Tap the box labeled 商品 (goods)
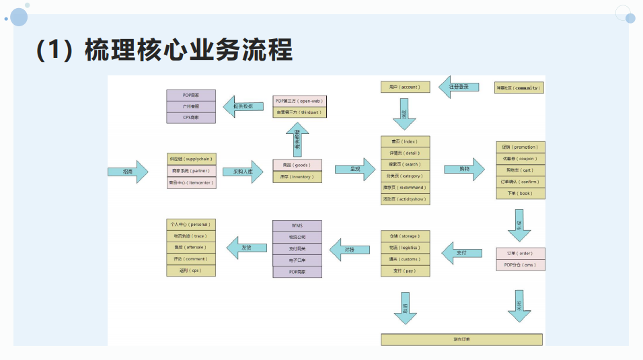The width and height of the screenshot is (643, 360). click(297, 165)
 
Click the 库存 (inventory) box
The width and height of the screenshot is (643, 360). click(297, 177)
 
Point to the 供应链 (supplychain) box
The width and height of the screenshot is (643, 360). click(192, 159)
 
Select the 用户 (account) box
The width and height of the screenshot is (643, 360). click(404, 87)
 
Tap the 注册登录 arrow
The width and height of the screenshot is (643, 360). click(459, 87)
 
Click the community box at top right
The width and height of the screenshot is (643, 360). click(519, 87)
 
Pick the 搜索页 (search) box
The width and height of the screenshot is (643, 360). click(404, 164)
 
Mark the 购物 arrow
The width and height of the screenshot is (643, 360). click(465, 170)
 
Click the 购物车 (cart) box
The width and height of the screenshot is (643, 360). click(520, 170)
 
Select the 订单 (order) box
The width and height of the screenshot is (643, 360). click(520, 254)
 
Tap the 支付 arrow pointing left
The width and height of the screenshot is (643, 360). click(461, 253)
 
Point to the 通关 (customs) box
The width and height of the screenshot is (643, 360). click(404, 259)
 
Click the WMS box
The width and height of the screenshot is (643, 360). click(297, 225)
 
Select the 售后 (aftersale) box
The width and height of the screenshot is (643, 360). click(191, 247)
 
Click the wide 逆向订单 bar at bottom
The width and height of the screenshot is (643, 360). click(461, 339)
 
